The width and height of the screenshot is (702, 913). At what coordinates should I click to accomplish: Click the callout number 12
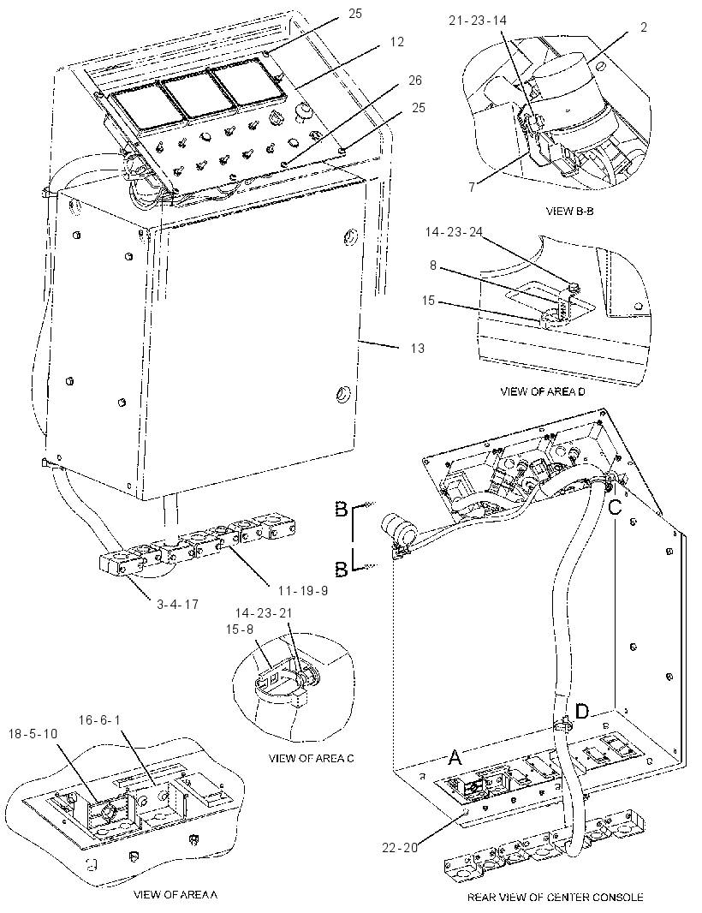coord(397,42)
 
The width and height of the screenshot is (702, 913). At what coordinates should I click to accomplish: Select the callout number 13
coord(418,349)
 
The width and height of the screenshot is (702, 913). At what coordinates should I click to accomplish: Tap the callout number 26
coord(415,80)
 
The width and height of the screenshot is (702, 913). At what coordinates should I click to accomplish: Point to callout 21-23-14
coord(478,21)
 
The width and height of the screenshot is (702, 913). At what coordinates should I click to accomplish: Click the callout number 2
coord(643,27)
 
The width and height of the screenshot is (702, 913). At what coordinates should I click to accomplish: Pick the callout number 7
coord(472,187)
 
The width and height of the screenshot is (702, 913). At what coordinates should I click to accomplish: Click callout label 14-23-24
coord(454,232)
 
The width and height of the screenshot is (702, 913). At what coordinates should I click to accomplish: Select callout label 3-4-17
coord(177,605)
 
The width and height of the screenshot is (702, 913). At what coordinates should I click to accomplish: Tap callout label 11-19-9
coord(303,590)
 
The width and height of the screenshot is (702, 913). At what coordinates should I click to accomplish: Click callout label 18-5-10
coord(33,734)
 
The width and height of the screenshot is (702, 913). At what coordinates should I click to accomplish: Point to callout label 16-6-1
coord(99,720)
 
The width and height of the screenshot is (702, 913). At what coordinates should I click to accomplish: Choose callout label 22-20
coord(400,848)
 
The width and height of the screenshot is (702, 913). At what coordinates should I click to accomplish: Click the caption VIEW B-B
coord(570,212)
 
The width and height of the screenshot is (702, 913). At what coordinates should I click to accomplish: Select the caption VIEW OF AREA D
coord(543,391)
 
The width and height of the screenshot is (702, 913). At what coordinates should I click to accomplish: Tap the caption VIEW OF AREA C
coord(311,758)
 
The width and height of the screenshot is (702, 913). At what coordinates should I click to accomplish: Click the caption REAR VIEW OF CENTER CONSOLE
coord(555,898)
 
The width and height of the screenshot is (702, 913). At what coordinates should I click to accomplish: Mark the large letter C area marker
coord(616,507)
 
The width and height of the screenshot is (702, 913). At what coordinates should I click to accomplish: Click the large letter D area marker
coord(582,711)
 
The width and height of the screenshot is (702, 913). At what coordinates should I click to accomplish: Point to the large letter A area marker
coord(455,757)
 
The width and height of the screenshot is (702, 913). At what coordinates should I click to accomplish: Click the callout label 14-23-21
coord(264,613)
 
